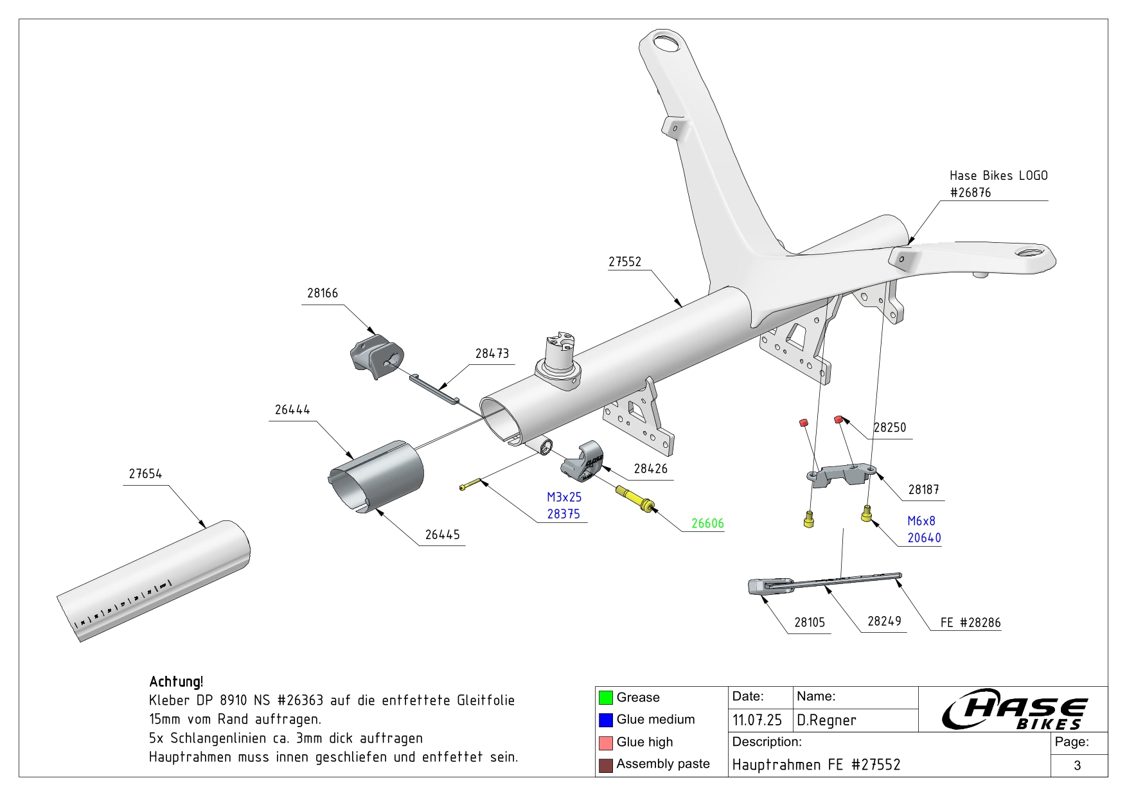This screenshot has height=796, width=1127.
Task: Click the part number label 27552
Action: point(625,262)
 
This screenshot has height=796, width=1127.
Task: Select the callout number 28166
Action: point(322,294)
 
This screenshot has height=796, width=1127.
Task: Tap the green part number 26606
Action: point(707,524)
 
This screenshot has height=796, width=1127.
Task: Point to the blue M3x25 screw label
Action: point(564,497)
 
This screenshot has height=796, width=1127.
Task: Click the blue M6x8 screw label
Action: point(921,521)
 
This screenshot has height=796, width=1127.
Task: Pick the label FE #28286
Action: point(970,623)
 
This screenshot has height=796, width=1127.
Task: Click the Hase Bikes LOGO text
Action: point(998,176)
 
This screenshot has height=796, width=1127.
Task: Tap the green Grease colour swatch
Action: point(605,698)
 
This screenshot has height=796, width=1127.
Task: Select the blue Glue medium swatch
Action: point(605,720)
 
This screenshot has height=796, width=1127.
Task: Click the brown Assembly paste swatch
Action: point(605,765)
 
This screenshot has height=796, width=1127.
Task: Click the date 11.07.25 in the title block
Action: point(757,721)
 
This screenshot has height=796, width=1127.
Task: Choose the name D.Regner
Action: point(826,721)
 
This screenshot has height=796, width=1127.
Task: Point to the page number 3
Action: point(1078,765)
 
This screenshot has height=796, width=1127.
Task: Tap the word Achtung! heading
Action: point(176,682)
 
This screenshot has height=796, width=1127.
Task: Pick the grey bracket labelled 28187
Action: point(840,475)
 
